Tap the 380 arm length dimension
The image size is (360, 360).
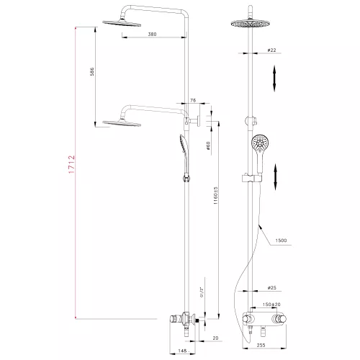coord(152,34)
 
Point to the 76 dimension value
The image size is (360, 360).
coord(193,102)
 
